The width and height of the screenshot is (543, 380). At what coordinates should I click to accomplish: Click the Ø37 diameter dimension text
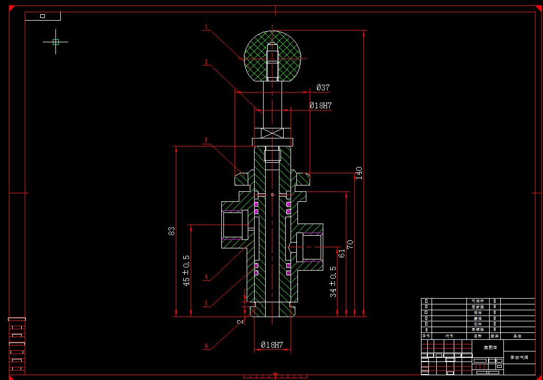(323, 88)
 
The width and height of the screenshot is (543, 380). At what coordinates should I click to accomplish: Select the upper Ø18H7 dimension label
(321, 106)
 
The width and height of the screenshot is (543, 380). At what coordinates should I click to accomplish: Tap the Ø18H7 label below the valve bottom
(272, 345)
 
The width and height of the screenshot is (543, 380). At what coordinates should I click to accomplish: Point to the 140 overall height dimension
(359, 173)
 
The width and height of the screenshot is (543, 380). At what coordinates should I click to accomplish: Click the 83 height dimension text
(172, 231)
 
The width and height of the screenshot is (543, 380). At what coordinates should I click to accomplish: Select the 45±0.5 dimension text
(186, 271)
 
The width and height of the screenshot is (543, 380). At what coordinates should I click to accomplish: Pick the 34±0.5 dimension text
(333, 281)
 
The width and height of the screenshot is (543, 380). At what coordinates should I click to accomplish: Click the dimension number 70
(350, 244)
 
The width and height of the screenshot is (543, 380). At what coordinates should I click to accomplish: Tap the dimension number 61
(341, 253)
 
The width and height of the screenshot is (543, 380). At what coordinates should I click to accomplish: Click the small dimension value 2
(240, 321)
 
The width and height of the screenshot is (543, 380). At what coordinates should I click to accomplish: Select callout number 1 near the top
(206, 26)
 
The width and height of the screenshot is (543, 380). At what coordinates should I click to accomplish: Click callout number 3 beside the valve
(207, 141)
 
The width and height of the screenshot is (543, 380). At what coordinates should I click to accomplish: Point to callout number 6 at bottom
(207, 347)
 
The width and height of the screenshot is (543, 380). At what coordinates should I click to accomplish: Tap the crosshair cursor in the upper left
(55, 42)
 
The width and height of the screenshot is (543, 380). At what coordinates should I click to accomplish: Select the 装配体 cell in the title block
(490, 348)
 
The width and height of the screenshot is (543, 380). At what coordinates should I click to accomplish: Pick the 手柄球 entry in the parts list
(477, 329)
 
